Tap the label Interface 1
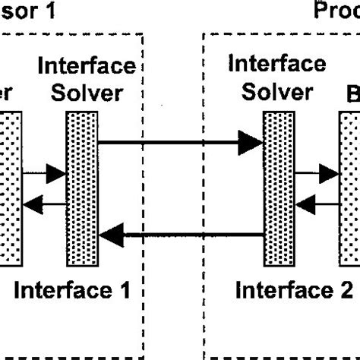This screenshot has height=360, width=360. (x=73, y=289)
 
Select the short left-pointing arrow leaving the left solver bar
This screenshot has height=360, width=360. (x=44, y=203)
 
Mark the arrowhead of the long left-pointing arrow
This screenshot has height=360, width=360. (x=112, y=237)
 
